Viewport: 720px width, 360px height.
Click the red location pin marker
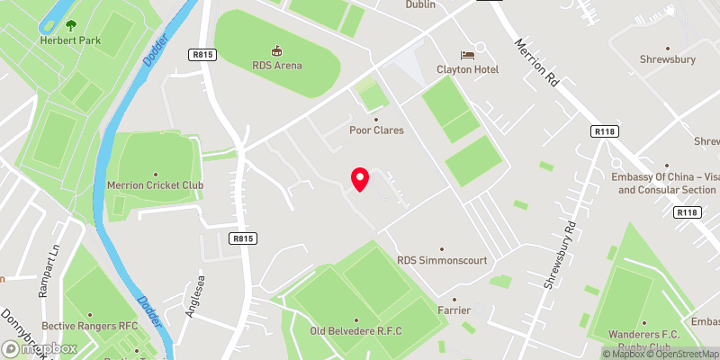coord(360,179)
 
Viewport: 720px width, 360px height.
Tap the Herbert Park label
coord(69,40)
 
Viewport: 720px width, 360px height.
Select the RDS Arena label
coord(277,65)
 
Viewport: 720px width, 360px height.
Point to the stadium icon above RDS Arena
coord(277,50)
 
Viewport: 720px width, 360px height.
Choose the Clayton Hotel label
coord(466,70)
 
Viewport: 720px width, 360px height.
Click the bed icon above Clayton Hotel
coord(466,56)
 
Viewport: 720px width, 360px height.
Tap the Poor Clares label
coord(376,130)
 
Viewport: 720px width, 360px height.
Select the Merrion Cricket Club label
coord(156,186)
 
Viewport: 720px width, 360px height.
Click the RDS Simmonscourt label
coord(441,260)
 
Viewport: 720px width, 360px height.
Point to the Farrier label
coord(454,310)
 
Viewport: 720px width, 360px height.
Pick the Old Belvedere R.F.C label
coord(355,331)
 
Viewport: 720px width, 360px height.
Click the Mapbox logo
coord(38,348)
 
